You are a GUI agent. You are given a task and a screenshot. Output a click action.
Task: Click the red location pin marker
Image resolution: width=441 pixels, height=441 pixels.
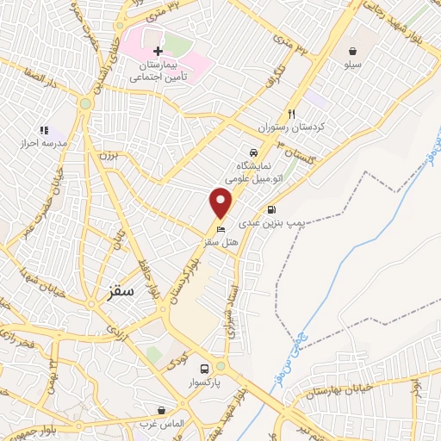pos(221,203)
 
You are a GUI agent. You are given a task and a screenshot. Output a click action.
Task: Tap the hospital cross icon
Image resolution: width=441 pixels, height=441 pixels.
pos(158,52)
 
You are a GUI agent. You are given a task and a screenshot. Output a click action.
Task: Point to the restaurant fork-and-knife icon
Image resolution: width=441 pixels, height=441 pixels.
pos(292,114)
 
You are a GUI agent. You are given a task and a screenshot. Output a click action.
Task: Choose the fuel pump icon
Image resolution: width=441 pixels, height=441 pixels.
pos(272,208)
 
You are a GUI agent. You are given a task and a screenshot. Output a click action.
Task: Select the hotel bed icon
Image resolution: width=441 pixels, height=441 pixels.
pos(221,230)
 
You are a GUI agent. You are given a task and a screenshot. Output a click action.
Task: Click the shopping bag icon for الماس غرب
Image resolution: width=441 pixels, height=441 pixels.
pos(161,410)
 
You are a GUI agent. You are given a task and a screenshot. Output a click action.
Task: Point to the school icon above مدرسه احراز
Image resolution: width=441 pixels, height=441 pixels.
pos(44,129)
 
